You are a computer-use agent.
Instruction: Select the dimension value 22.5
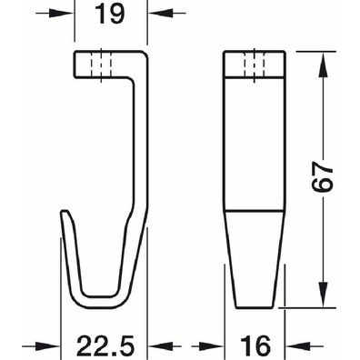pyautogui.click(x=105, y=346)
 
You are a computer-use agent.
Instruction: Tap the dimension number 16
pyautogui.click(x=255, y=346)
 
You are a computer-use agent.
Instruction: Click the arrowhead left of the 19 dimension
pyautogui.click(x=63, y=14)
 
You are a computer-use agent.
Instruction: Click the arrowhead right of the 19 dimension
pyautogui.click(x=158, y=14)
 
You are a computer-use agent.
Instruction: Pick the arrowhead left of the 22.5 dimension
pyautogui.click(x=49, y=345)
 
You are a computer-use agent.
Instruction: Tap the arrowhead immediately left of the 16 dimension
pyautogui.click(x=213, y=345)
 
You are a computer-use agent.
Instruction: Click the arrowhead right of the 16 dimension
pyautogui.click(x=296, y=345)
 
